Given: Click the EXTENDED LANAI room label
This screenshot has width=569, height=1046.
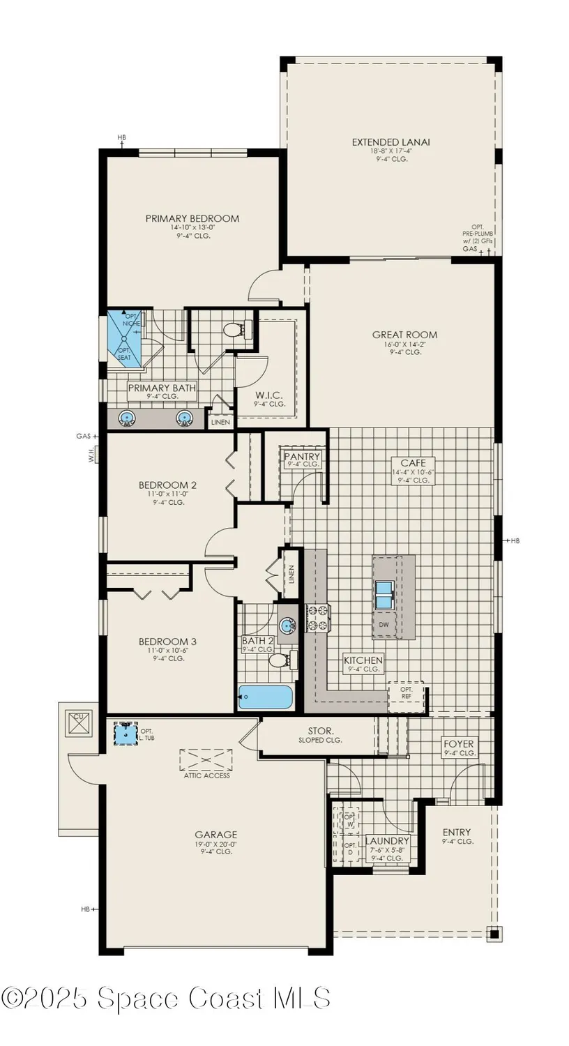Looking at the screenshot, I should pyautogui.click(x=390, y=142).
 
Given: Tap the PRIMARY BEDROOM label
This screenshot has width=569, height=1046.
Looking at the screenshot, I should pyautogui.click(x=192, y=218).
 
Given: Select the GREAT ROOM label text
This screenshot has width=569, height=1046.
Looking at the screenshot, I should pyautogui.click(x=405, y=335).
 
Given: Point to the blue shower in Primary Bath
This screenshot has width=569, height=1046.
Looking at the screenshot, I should pyautogui.click(x=123, y=338).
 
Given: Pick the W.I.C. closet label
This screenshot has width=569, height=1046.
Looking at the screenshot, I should pyautogui.click(x=269, y=394).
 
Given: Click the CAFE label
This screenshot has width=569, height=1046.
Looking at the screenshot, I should pyautogui.click(x=408, y=462).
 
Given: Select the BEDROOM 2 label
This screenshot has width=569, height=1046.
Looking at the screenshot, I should pyautogui.click(x=163, y=485).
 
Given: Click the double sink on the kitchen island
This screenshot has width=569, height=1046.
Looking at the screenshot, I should pyautogui.click(x=384, y=593).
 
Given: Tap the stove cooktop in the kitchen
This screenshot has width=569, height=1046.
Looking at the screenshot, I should pyautogui.click(x=317, y=618).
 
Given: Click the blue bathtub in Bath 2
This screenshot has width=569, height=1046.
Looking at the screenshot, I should pyautogui.click(x=266, y=697).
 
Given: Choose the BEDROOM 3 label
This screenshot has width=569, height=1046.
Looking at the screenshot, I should pyautogui.click(x=163, y=642).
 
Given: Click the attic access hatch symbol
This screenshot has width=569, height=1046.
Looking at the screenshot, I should pyautogui.click(x=206, y=759).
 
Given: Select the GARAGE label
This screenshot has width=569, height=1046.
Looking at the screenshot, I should pyautogui.click(x=215, y=834).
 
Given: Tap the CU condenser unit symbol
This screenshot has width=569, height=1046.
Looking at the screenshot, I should pyautogui.click(x=79, y=721).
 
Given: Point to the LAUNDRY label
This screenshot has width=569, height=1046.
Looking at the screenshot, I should pyautogui.click(x=387, y=841).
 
